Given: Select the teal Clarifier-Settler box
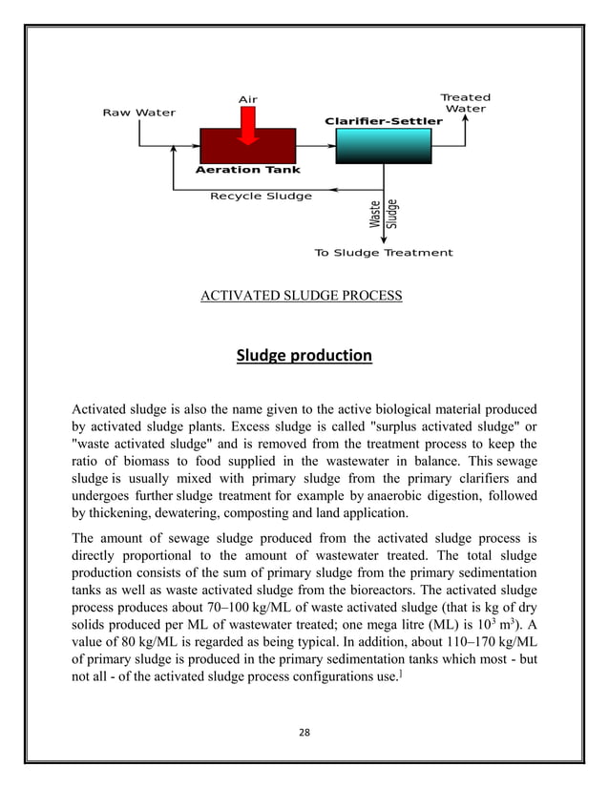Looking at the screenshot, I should (x=384, y=146).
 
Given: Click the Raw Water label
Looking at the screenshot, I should (x=138, y=113).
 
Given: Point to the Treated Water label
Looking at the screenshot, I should (x=465, y=103).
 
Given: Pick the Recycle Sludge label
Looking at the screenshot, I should (x=261, y=197).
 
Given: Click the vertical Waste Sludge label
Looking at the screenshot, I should (x=384, y=214).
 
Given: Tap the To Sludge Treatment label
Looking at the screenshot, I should (x=383, y=253).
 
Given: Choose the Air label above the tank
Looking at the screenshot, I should (x=247, y=99).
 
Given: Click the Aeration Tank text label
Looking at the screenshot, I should (x=247, y=170).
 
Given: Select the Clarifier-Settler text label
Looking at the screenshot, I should (x=384, y=121).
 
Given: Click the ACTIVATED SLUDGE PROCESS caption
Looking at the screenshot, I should (x=301, y=297).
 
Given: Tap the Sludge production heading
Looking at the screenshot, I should (x=304, y=357).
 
